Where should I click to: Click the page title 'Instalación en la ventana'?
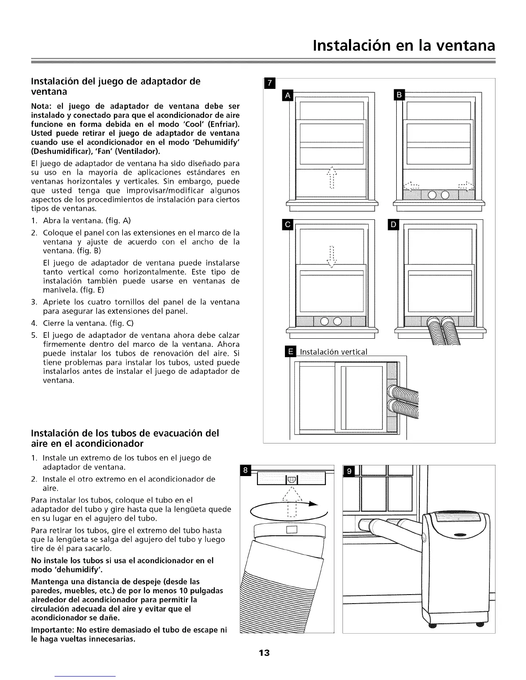[x=404, y=45]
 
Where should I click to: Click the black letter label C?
[x=287, y=225]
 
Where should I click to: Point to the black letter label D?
[x=394, y=225]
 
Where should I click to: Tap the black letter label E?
[x=291, y=352]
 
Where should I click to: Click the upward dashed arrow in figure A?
[x=331, y=177]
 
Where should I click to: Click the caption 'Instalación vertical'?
[x=333, y=352]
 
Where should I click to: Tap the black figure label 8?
[x=245, y=471]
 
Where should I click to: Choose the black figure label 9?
[x=349, y=472]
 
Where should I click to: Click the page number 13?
[x=264, y=653]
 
